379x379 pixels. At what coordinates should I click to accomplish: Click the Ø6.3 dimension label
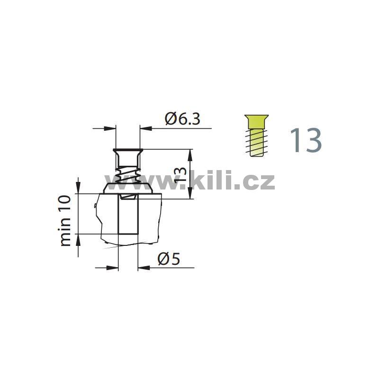183,119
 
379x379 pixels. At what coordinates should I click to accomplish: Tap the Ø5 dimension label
169,259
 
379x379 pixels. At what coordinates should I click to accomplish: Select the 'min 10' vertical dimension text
65,221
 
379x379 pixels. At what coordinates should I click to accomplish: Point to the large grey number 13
306,140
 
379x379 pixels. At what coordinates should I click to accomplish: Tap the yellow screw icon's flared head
256,122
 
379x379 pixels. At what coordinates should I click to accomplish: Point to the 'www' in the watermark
143,182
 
